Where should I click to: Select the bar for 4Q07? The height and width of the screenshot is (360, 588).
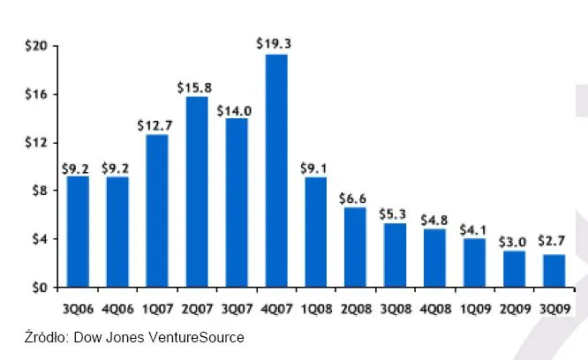click(x=276, y=171)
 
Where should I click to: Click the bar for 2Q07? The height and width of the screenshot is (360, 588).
click(x=197, y=192)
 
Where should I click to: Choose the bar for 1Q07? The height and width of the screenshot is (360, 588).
click(x=157, y=211)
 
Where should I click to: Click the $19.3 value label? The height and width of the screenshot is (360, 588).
click(x=275, y=41)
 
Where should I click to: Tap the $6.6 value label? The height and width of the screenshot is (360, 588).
click(x=355, y=196)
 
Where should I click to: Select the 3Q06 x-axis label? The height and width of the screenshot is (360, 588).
click(x=78, y=309)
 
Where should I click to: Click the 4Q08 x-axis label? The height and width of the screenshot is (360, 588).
click(x=434, y=309)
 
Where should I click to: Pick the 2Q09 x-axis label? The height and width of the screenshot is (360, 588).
click(x=514, y=309)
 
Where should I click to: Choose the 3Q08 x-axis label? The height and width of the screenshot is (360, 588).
click(x=395, y=309)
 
